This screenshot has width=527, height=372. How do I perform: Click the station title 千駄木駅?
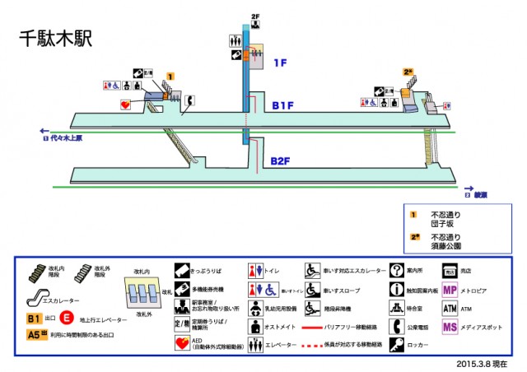54,40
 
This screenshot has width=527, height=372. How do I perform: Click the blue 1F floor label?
281,63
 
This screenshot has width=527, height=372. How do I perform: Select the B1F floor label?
283,105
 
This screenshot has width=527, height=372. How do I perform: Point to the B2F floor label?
281,160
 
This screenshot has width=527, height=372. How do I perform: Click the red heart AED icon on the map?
125,105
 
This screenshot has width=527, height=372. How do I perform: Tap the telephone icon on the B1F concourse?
189,100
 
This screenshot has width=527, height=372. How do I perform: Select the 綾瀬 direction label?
478,195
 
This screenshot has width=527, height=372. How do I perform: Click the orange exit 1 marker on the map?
169,77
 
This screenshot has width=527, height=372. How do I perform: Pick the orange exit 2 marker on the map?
408,72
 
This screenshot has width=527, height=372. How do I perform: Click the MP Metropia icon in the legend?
450,291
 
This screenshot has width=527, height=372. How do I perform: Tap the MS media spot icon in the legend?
450,327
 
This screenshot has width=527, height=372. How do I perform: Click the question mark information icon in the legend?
398,270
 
